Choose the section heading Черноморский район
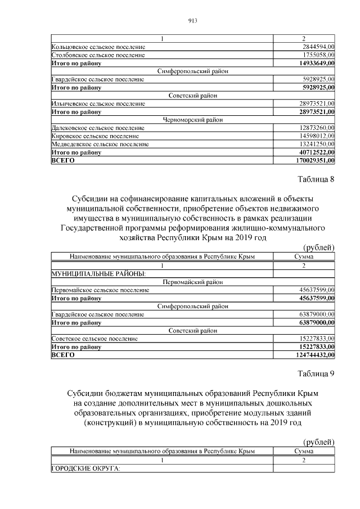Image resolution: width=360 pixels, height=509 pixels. point(193,120)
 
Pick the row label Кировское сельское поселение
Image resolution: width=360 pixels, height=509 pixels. point(95,136)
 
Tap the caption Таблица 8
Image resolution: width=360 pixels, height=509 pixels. point(315,179)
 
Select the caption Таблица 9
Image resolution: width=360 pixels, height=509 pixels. point(315,374)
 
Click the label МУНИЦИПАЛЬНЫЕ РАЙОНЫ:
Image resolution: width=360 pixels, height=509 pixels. point(98,273)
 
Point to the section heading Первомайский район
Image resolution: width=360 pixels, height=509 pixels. point(193,282)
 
